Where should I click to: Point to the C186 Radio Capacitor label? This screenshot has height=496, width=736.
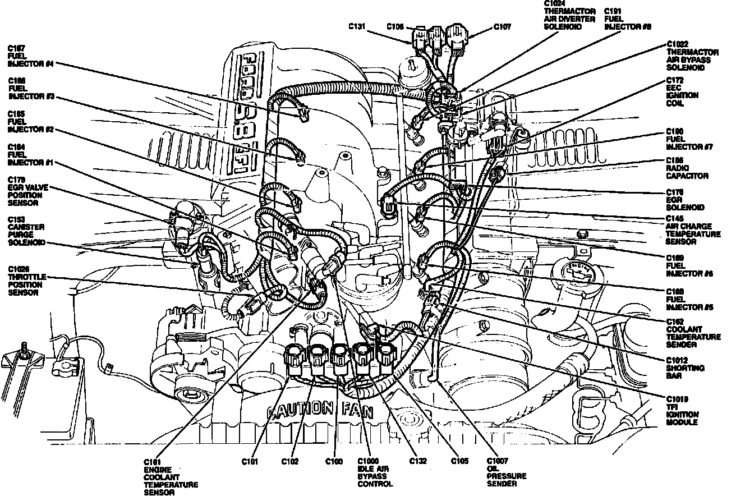(686, 168)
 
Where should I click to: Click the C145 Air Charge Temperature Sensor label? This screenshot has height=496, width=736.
(692, 230)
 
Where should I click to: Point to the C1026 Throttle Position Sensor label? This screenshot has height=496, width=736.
(27, 285)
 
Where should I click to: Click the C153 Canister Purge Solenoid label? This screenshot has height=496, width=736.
(26, 235)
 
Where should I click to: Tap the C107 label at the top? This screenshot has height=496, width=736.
(502, 26)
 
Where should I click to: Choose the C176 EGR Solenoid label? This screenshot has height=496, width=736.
(685, 199)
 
